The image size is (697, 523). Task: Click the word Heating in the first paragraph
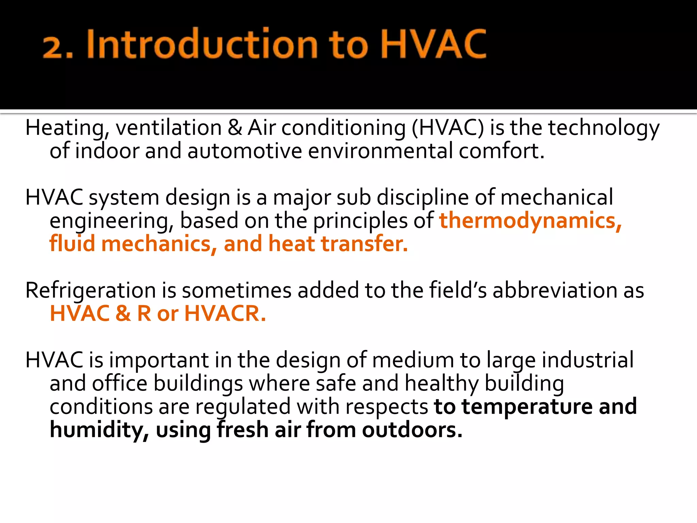65,128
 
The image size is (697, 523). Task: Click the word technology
604,128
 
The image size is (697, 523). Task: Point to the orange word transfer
364,244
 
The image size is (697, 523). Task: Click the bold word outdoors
412,430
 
